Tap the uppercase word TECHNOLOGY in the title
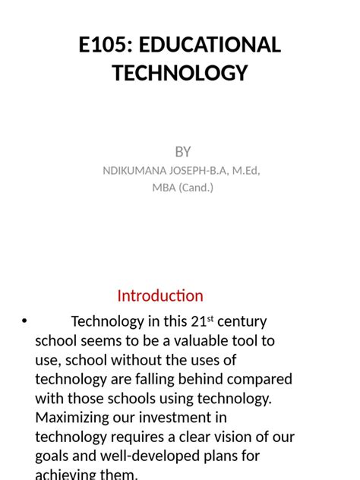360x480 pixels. (x=180, y=73)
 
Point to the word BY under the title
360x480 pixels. (x=183, y=152)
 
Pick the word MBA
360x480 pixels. (x=164, y=188)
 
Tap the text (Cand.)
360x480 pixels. (x=196, y=188)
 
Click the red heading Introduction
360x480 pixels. (x=160, y=295)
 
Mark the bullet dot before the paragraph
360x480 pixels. (x=24, y=322)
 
